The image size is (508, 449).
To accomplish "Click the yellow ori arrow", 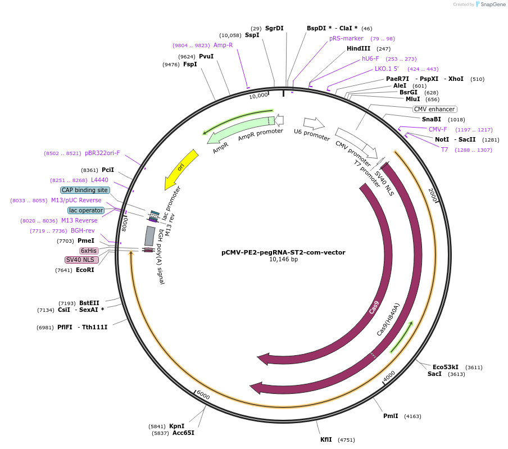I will coord(182,169).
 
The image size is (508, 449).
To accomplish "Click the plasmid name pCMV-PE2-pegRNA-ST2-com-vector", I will coord(283,252).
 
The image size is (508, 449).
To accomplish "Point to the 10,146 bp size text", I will coord(283,260).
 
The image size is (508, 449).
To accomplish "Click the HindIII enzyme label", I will coord(359,48).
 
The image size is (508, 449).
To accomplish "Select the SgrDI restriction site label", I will coord(274,28).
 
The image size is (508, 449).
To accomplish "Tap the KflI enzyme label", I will coord(326,439).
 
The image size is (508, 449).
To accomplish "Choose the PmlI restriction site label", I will coord(391,416).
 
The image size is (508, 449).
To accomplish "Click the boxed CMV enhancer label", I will coord(434,109).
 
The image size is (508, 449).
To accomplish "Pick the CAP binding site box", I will coord(85,190).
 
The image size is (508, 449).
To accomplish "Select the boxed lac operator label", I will coord(86,210).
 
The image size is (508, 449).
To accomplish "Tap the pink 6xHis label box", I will coord(88,251).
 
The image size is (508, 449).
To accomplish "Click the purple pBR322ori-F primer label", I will coord(102,153).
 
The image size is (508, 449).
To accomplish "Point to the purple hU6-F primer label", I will coord(370,58).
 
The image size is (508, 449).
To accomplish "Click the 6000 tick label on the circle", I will coord(203,396).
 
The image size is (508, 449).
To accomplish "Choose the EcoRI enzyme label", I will coord(85,270).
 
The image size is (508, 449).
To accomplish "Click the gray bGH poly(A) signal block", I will coord(149,236).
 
